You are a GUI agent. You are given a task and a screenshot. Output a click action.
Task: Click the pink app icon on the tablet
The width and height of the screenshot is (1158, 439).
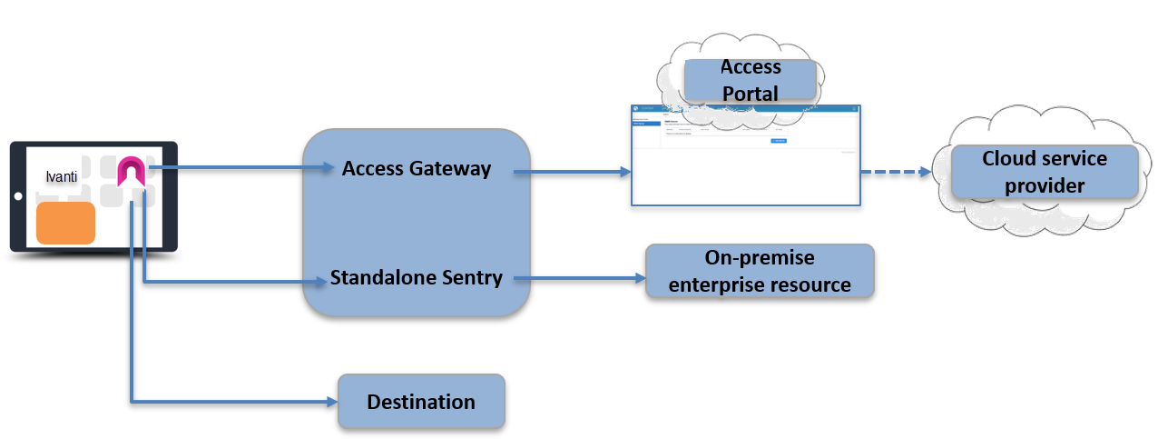[132, 171]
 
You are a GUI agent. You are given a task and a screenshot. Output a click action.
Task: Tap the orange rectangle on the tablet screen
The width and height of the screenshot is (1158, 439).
[65, 224]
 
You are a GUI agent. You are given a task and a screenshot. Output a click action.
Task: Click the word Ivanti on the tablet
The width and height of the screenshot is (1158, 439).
[62, 174]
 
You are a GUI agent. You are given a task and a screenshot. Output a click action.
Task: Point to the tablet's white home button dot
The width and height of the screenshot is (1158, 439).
[17, 196]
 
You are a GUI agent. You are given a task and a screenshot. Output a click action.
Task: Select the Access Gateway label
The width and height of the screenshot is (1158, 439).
[417, 168]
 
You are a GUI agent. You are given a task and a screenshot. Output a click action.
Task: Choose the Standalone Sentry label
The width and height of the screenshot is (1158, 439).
[417, 278]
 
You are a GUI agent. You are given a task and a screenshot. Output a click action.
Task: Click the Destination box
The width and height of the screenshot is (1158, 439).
[421, 402]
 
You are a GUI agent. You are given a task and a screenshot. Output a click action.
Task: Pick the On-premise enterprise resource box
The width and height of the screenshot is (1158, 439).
[759, 271]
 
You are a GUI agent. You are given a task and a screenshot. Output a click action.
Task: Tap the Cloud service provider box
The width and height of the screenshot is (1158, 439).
[1044, 172]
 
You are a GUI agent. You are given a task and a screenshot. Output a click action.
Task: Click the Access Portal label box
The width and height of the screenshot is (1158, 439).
[751, 80]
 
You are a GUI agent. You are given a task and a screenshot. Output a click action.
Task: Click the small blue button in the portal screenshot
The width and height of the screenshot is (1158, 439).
[778, 141]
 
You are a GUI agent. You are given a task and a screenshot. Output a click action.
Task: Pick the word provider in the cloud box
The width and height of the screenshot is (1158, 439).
[1044, 185]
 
